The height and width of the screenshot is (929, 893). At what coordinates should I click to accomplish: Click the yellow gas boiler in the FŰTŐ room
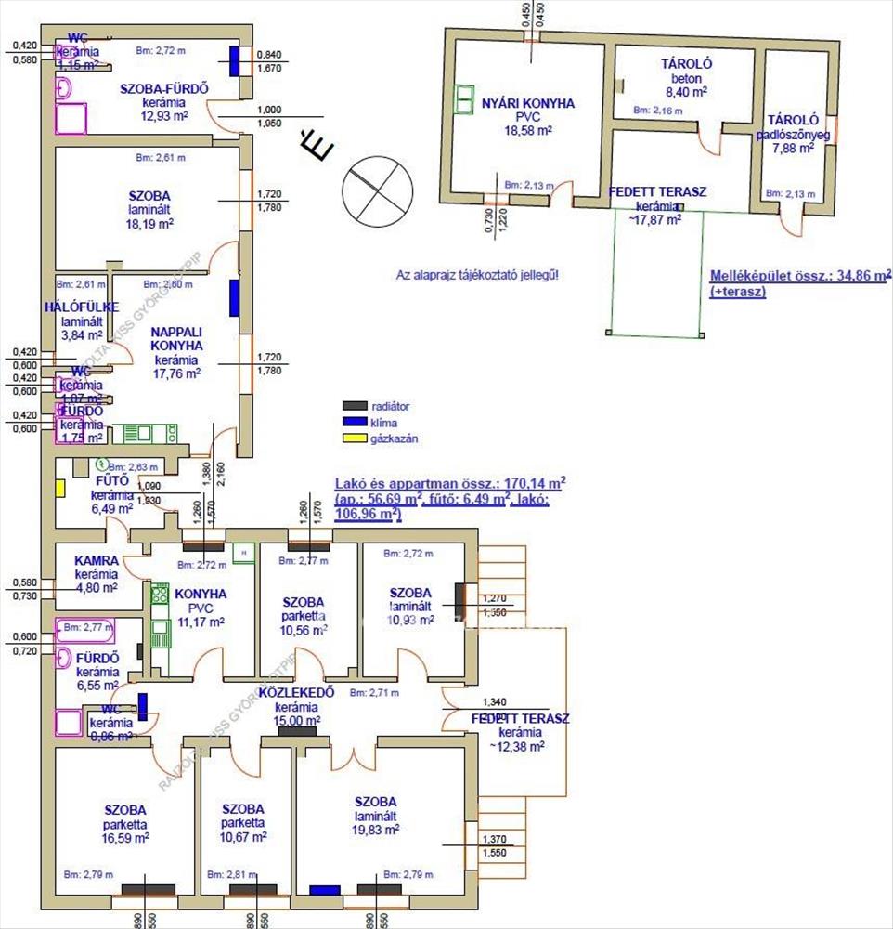tap(60, 489)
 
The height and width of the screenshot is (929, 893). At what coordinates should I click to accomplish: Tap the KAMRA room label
tap(96, 561)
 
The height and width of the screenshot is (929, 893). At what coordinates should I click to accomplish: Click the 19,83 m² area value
tap(376, 831)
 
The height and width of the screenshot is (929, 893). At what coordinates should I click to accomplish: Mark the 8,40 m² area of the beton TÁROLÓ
tap(686, 92)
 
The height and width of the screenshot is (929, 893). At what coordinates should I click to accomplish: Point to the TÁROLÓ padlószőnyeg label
tap(792, 120)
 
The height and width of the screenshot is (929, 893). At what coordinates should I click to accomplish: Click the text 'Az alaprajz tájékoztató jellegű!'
tap(477, 276)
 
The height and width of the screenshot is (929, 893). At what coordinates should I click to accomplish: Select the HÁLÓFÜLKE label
tap(81, 307)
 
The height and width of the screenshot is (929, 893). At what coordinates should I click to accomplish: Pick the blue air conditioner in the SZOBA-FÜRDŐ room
tap(237, 60)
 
